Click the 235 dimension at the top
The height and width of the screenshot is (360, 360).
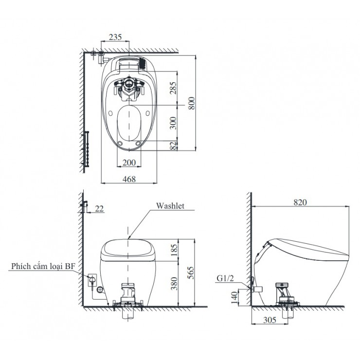click(x=115, y=37)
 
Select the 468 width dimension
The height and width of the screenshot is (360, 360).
click(x=129, y=179)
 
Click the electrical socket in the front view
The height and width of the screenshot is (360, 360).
click(x=91, y=279)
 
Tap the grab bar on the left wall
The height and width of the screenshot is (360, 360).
click(x=87, y=148)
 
